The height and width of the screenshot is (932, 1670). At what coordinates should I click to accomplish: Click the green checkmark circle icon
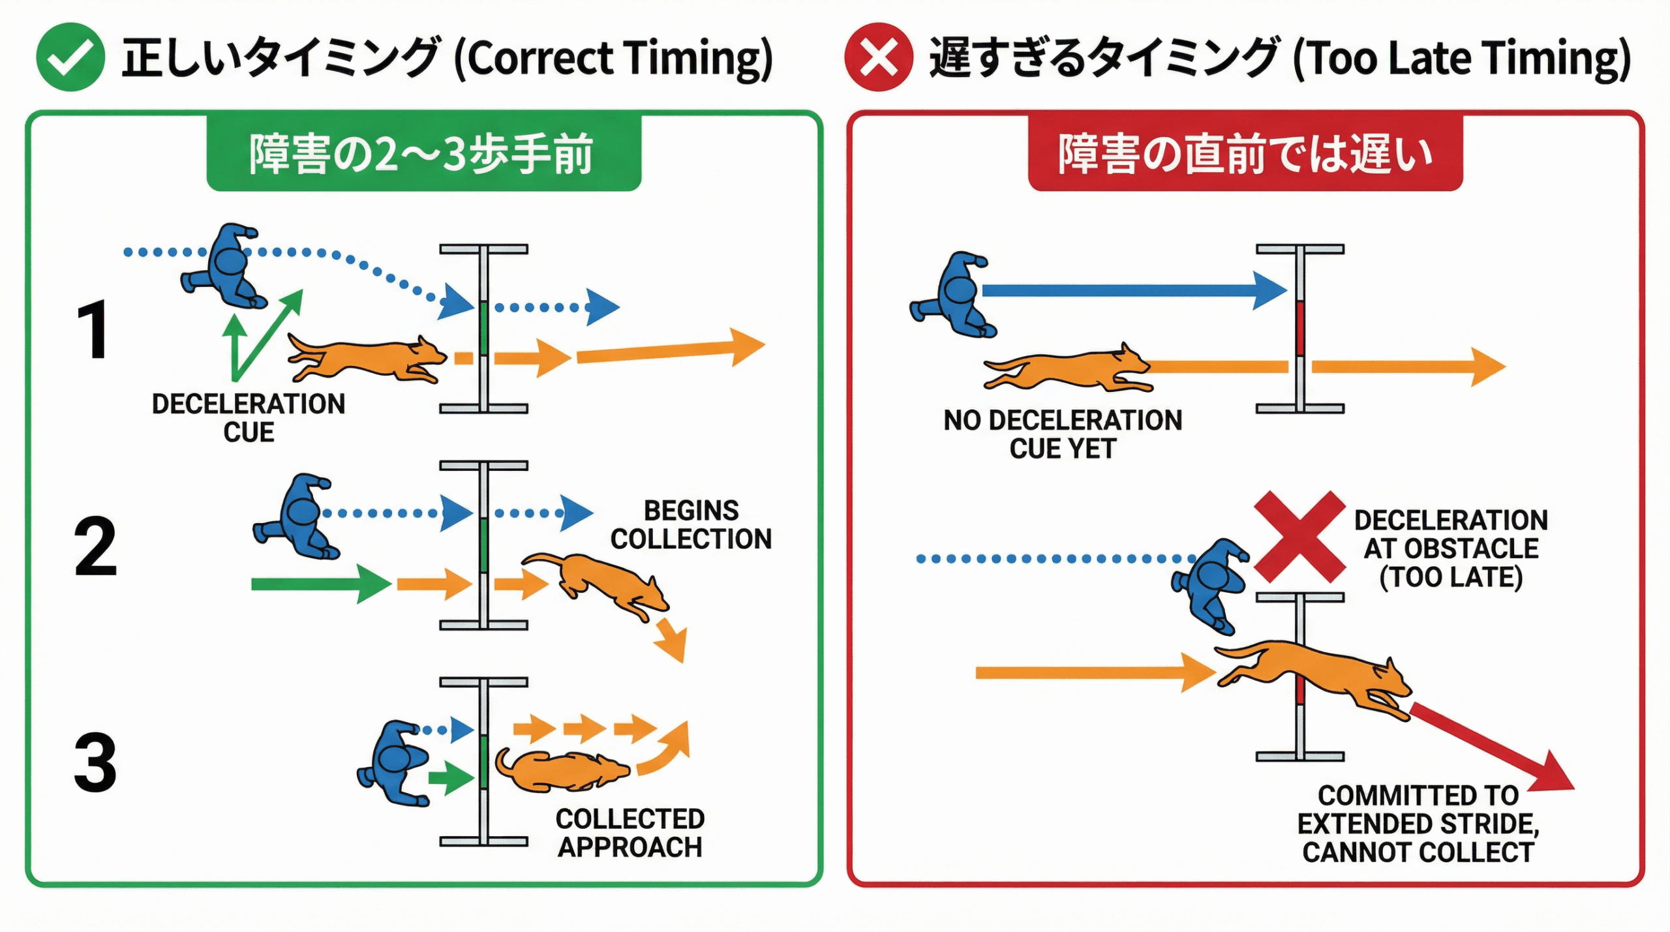tap(70, 57)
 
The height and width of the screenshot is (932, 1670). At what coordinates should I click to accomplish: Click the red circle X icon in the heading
tap(878, 57)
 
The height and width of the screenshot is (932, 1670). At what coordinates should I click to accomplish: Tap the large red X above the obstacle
tap(1299, 536)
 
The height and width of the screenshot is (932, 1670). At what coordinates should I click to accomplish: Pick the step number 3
tap(95, 761)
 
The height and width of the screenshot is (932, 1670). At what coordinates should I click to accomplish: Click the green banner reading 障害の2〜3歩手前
tap(423, 154)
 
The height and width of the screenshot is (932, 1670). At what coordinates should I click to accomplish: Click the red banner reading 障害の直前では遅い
tap(1245, 154)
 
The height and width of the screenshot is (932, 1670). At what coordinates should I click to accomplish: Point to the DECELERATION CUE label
tap(249, 418)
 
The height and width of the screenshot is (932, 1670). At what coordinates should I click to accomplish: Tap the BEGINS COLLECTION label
tap(691, 524)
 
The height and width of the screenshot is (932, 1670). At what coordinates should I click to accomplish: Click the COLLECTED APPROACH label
tap(630, 833)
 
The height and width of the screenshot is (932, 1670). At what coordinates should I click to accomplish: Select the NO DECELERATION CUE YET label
tap(1063, 434)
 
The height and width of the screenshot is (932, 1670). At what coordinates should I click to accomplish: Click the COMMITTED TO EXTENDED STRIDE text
tap(1418, 824)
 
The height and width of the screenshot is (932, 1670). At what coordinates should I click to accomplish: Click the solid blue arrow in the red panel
tap(1132, 290)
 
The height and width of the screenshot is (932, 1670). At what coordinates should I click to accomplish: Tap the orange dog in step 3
tap(562, 771)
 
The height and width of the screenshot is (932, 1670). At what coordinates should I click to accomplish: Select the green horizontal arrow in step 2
tap(320, 583)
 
